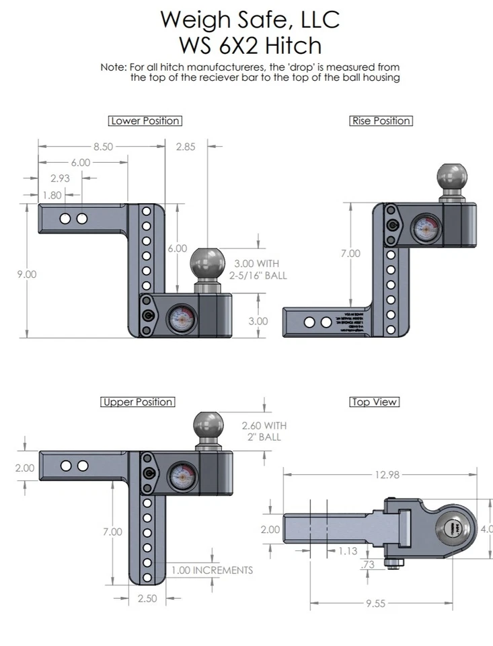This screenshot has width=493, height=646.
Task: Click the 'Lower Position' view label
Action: click(145, 121)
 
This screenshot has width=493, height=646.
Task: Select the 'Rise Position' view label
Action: click(381, 121)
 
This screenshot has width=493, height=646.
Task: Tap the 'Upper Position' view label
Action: click(138, 402)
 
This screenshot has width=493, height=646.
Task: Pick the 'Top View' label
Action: click(375, 402)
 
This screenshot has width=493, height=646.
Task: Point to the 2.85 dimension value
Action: click(185, 147)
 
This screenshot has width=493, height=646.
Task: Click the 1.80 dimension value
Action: click(52, 195)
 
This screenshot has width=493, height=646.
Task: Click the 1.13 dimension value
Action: click(348, 550)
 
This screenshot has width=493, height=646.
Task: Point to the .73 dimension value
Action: click(367, 565)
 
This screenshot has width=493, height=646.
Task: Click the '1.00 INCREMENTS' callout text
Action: click(212, 570)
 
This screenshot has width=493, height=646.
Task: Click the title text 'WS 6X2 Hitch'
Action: click(250, 45)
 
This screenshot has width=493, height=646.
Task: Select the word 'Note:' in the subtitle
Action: click(114, 67)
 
